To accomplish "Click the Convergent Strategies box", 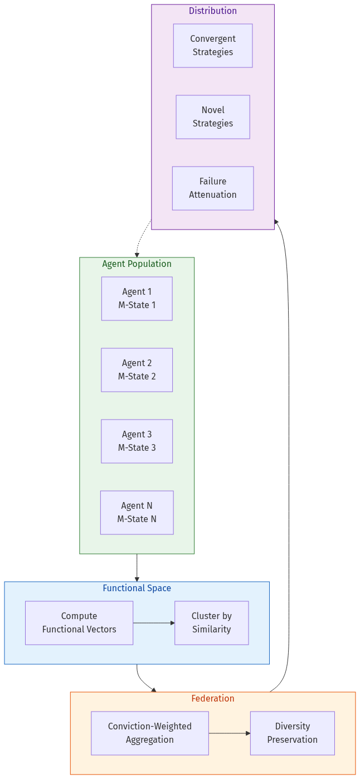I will [x=213, y=46].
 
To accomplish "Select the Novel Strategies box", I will [x=213, y=117].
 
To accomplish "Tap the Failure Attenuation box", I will [x=213, y=188].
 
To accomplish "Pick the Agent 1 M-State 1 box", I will [x=137, y=299].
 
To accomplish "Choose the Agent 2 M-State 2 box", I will [x=137, y=370].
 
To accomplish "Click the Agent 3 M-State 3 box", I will [x=137, y=441].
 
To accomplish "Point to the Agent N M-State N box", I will [x=137, y=513].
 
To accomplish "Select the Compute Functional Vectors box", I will [x=79, y=623].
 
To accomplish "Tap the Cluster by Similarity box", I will [x=212, y=623].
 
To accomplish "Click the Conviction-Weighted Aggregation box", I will [x=150, y=733].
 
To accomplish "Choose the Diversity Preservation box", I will [x=293, y=733].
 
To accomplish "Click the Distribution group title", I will [x=213, y=11].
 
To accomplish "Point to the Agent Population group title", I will [x=137, y=264].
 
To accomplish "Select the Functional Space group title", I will [x=137, y=588].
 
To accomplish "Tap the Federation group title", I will [x=213, y=698].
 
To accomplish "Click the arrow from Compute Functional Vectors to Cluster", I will [x=154, y=623].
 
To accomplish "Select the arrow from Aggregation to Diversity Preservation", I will [x=230, y=733].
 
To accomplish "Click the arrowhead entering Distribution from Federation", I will [x=277, y=222].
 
